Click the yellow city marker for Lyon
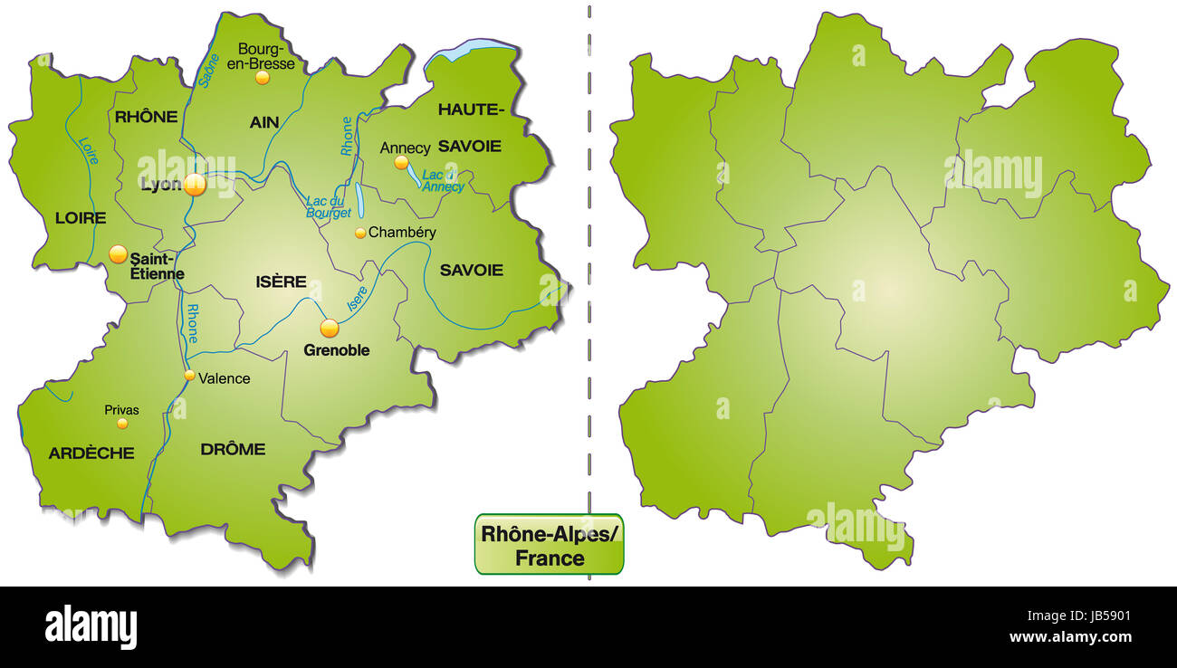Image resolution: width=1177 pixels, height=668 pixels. [195, 186]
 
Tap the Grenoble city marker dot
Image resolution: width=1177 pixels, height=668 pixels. [330, 329]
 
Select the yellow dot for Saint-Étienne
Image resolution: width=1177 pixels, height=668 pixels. [118, 254]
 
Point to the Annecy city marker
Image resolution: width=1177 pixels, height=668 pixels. [401, 163]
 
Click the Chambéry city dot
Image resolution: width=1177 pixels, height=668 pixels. [360, 233]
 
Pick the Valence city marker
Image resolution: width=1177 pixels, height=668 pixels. [189, 376]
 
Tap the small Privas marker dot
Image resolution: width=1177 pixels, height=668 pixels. [122, 423]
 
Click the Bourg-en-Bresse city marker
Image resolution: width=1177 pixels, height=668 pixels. [262, 78]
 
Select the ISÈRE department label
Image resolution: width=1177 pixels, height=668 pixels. [282, 282]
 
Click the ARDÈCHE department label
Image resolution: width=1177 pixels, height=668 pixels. [91, 453]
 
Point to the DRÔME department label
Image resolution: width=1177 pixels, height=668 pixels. [233, 449]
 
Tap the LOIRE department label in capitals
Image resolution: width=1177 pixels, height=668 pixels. [81, 218]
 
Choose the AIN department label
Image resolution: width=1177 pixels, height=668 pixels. [264, 121]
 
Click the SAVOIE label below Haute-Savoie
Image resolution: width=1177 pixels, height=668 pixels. [471, 270]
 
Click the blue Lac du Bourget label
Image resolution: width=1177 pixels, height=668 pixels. [329, 207]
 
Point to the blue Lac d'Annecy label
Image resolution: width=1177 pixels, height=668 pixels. [443, 181]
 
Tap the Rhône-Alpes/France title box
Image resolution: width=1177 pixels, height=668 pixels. [549, 545]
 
